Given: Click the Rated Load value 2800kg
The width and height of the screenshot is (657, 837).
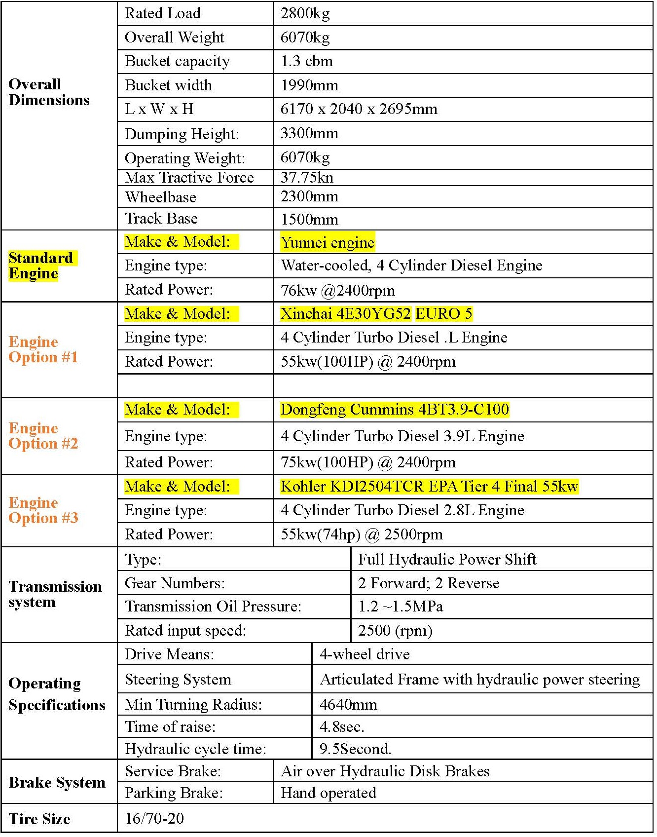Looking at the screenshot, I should point(305,13).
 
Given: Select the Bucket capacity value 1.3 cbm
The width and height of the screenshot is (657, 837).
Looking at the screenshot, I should point(306,61).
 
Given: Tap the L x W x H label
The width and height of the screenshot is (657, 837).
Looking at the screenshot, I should point(159,109).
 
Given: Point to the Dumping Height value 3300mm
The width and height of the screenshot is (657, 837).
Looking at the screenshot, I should point(309,133).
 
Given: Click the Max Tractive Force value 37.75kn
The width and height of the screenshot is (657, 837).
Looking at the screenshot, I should point(307,177).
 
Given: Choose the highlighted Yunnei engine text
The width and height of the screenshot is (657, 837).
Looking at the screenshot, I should point(327,242).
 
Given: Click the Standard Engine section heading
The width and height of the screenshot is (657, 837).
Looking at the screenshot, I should point(41,266).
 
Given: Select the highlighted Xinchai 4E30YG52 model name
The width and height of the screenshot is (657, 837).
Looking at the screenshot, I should point(345,313).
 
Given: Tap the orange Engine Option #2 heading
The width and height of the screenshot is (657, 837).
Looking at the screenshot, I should point(43,436).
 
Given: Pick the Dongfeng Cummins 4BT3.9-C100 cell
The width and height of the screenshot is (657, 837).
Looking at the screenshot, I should point(395,410).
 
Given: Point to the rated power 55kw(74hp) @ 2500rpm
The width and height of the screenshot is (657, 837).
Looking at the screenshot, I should point(362,534).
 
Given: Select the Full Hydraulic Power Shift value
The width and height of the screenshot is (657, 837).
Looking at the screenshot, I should point(447,559).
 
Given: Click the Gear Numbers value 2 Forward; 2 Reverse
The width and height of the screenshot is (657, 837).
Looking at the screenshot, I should point(429,583).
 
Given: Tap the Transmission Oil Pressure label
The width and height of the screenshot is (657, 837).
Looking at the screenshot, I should point(213,606).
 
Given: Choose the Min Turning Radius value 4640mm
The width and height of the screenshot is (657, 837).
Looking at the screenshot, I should point(348,704).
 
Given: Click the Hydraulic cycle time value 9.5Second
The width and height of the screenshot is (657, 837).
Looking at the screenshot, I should point(355,749).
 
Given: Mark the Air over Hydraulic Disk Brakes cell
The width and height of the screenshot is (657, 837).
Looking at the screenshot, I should point(385,771).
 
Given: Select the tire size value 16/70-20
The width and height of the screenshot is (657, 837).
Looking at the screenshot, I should point(154,818).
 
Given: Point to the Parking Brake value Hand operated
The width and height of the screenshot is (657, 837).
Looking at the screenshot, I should point(328,793).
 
